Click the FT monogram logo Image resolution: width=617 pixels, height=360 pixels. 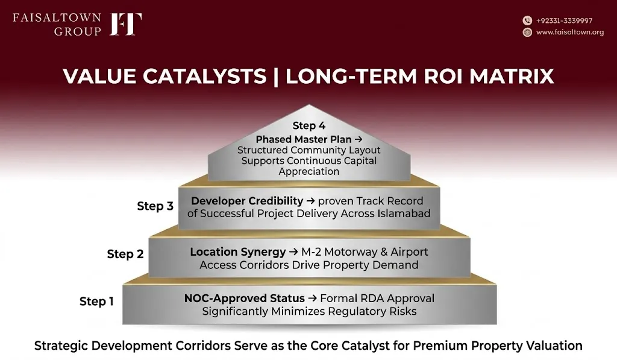click(125, 24)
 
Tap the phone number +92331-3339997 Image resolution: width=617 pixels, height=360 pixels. click(564, 21)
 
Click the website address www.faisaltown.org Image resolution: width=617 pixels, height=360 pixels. click(570, 32)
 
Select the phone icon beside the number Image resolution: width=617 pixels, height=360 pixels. click(527, 21)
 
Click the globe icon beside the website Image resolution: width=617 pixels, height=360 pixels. click(527, 32)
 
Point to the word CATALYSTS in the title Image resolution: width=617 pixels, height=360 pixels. click(204, 76)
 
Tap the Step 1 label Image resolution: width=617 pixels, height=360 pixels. click(96, 302)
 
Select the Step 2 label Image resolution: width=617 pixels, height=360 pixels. click(125, 254)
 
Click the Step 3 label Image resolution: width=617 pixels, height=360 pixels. click(155, 206)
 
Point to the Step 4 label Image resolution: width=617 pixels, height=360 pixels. click(309, 125)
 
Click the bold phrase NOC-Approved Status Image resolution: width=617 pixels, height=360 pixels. click(245, 298)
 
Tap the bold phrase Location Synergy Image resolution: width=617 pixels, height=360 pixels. click(237, 251)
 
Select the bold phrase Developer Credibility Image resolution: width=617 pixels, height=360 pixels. click(247, 201)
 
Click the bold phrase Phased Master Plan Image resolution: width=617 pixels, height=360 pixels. click(304, 139)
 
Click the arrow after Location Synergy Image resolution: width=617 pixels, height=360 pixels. click(293, 252)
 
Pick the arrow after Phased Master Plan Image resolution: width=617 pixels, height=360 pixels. click(358, 139)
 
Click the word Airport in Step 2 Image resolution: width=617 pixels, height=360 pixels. click(409, 252)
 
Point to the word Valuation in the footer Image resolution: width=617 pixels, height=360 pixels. click(555, 346)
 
